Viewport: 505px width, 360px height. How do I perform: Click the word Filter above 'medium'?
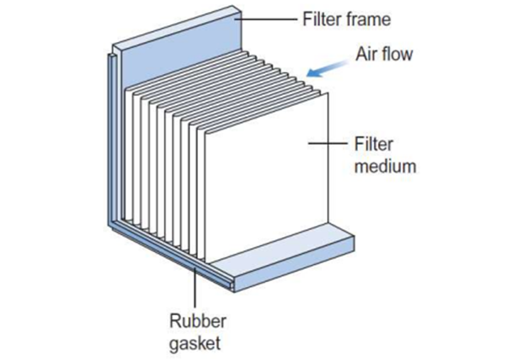point(372,146)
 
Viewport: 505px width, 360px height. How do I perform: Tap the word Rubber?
point(194,317)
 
